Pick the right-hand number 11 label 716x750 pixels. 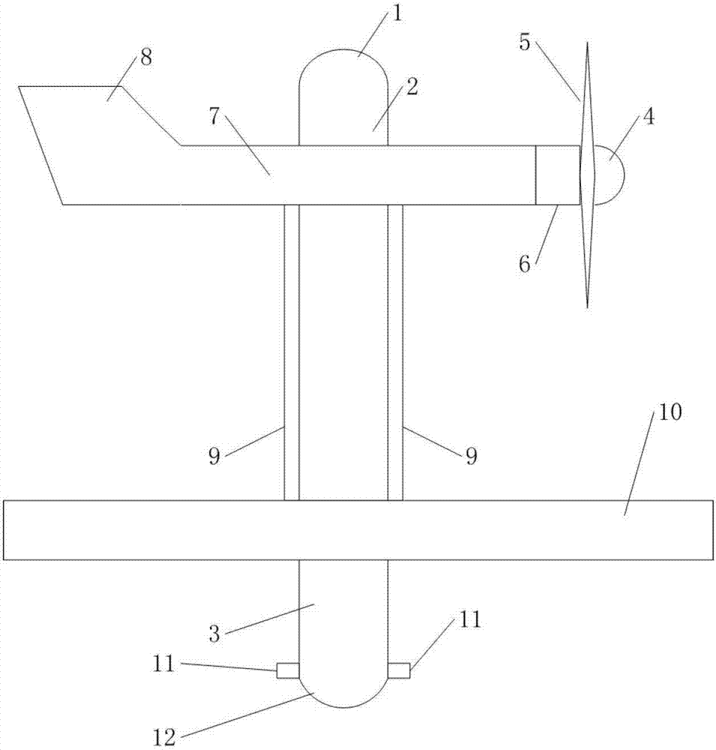[x=470, y=619]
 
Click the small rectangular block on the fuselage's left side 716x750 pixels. [x=288, y=670]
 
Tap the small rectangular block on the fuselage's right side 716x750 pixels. [x=399, y=670]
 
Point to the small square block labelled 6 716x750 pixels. [x=558, y=175]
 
